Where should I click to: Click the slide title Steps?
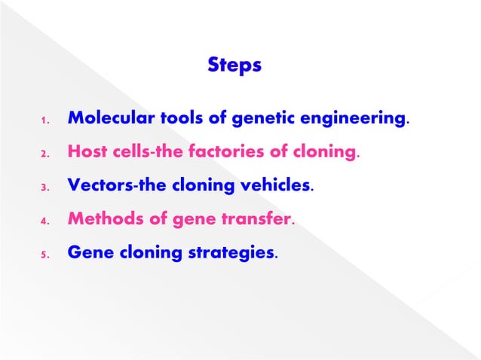[x=234, y=66]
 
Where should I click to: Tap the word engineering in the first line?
[x=360, y=119]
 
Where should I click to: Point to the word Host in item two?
[x=84, y=152]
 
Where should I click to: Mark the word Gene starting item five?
[x=85, y=254]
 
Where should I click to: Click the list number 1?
[x=44, y=121]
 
